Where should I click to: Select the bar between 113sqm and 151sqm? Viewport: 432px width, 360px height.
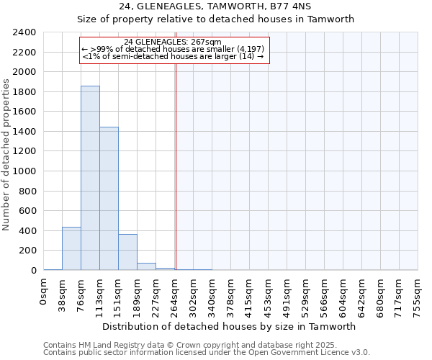(x=109, y=199)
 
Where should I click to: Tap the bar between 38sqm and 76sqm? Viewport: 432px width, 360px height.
(x=71, y=248)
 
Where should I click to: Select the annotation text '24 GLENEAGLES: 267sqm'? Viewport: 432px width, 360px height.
(x=173, y=42)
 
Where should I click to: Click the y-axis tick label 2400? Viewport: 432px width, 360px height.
(x=24, y=32)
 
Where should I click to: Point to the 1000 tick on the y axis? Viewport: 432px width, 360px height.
(x=24, y=171)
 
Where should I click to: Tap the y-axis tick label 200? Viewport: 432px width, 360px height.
(x=27, y=251)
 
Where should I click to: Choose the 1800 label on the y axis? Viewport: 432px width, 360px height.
(x=24, y=92)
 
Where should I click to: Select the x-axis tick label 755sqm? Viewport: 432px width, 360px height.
(x=418, y=293)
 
